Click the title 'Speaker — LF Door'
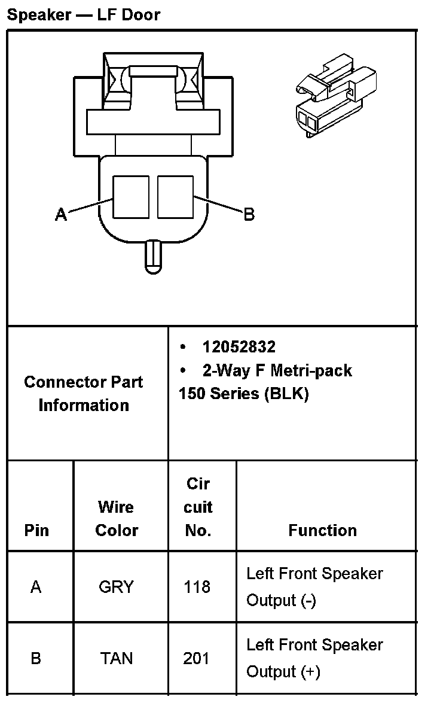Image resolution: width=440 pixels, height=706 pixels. (x=84, y=14)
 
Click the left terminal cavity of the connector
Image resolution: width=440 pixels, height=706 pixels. (x=131, y=197)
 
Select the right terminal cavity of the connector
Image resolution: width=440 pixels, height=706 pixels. (x=175, y=197)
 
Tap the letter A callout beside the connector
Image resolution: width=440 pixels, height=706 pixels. (x=61, y=214)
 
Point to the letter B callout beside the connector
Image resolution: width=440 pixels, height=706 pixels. (x=249, y=214)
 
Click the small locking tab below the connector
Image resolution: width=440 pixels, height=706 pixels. (x=153, y=256)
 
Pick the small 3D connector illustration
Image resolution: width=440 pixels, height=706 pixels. (x=337, y=96)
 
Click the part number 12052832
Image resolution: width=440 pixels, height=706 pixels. (x=239, y=347)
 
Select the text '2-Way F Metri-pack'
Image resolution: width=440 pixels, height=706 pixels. (x=277, y=371)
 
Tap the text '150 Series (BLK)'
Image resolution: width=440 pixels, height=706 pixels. (x=243, y=394)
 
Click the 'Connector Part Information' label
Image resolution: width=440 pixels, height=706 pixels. (x=84, y=394)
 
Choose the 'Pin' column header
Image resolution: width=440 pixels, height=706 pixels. (x=36, y=531)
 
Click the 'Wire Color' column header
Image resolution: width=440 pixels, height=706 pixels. (x=117, y=519)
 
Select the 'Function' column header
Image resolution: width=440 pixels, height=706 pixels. (x=322, y=531)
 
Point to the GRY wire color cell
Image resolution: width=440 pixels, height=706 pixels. (x=116, y=587)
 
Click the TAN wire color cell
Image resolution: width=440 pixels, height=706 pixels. (x=117, y=659)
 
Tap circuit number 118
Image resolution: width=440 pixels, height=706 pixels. (x=197, y=587)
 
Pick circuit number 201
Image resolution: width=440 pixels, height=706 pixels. (x=197, y=659)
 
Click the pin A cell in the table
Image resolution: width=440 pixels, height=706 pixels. (x=36, y=587)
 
